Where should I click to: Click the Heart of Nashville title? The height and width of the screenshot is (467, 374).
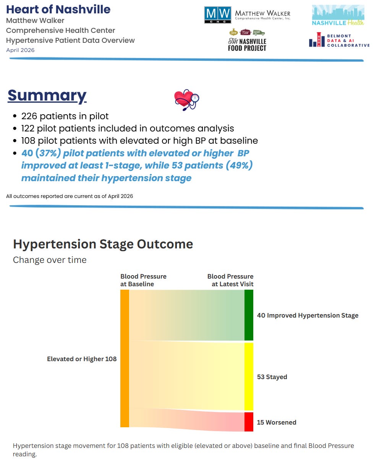(58, 10)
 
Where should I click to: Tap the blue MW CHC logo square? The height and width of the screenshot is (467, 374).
(218, 15)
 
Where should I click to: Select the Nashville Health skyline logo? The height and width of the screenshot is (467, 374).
(338, 15)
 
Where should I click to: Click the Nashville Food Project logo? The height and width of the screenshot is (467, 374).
(247, 40)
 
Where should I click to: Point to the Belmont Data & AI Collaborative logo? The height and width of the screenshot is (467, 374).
(339, 40)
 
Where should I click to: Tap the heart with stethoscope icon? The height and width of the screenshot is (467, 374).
(186, 100)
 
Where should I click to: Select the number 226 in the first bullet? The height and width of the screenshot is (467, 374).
(29, 116)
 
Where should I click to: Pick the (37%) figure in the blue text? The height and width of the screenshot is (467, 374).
(48, 153)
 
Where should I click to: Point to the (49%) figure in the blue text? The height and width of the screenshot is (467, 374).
(239, 165)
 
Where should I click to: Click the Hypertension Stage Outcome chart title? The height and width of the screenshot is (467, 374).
(103, 245)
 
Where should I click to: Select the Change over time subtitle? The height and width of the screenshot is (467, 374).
(50, 260)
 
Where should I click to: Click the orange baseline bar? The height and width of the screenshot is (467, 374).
(125, 358)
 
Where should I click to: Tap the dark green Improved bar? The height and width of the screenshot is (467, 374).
(249, 315)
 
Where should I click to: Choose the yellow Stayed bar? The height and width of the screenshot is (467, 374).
(249, 376)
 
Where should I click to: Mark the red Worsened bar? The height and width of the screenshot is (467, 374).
(249, 422)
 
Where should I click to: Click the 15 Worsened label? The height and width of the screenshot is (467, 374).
(277, 422)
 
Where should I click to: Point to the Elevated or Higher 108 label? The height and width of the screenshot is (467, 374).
(82, 359)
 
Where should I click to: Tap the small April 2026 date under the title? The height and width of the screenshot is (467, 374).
(20, 50)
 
